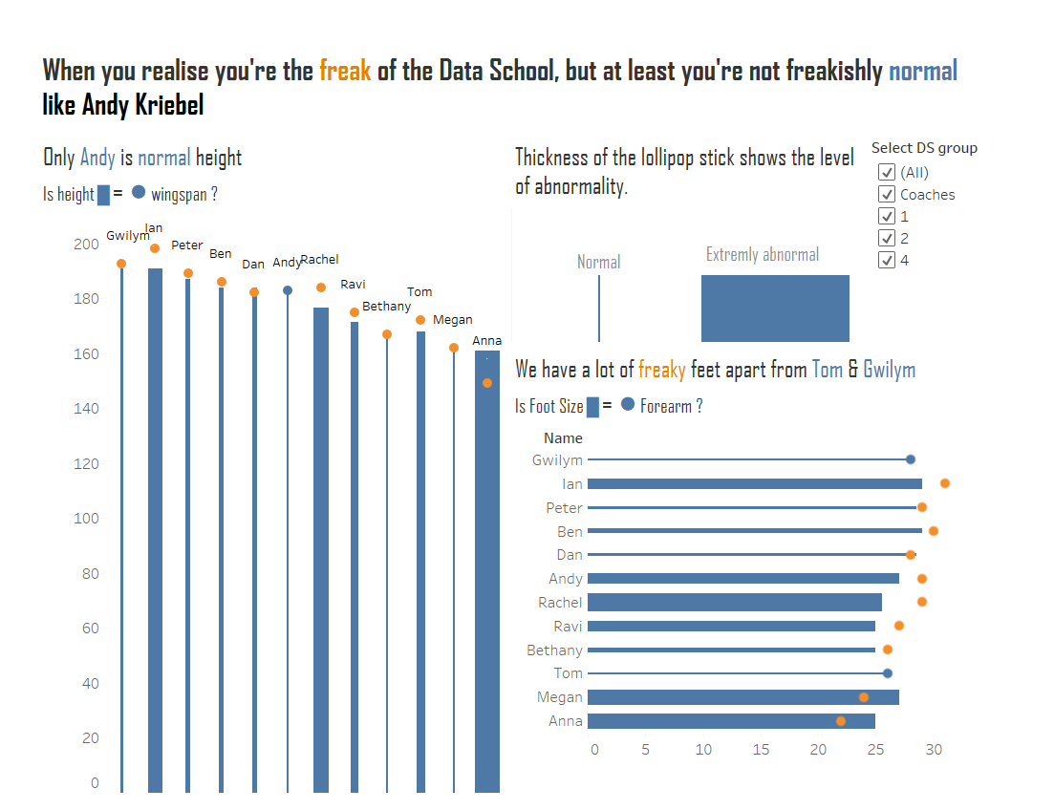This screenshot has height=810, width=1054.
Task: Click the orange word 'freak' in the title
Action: [345, 71]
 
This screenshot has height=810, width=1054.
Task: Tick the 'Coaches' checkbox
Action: [887, 194]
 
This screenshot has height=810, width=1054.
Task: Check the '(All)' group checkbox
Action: [887, 172]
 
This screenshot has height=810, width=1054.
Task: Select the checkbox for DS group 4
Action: [887, 260]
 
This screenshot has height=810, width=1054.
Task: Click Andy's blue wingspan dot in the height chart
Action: [288, 290]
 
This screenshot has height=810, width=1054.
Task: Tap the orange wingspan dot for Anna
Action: [487, 383]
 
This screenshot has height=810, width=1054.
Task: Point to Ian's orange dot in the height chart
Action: [155, 248]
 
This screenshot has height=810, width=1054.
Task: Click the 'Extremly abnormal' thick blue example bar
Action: [775, 308]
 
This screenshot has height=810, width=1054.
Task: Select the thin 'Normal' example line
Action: [599, 308]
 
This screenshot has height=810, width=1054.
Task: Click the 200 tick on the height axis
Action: [86, 245]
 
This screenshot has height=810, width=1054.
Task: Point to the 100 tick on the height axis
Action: [86, 519]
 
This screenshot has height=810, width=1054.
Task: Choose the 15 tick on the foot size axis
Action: [761, 750]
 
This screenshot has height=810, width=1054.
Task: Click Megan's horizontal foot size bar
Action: [742, 697]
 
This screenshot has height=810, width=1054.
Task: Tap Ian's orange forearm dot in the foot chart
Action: [945, 483]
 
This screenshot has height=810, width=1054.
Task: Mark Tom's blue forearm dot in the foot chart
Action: [888, 673]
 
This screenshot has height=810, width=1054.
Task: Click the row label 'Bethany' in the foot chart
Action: [554, 650]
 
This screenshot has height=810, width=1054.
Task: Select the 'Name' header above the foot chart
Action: [563, 438]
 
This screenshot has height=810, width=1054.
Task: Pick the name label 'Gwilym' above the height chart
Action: [127, 236]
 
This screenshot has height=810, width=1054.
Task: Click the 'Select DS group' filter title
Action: [924, 148]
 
